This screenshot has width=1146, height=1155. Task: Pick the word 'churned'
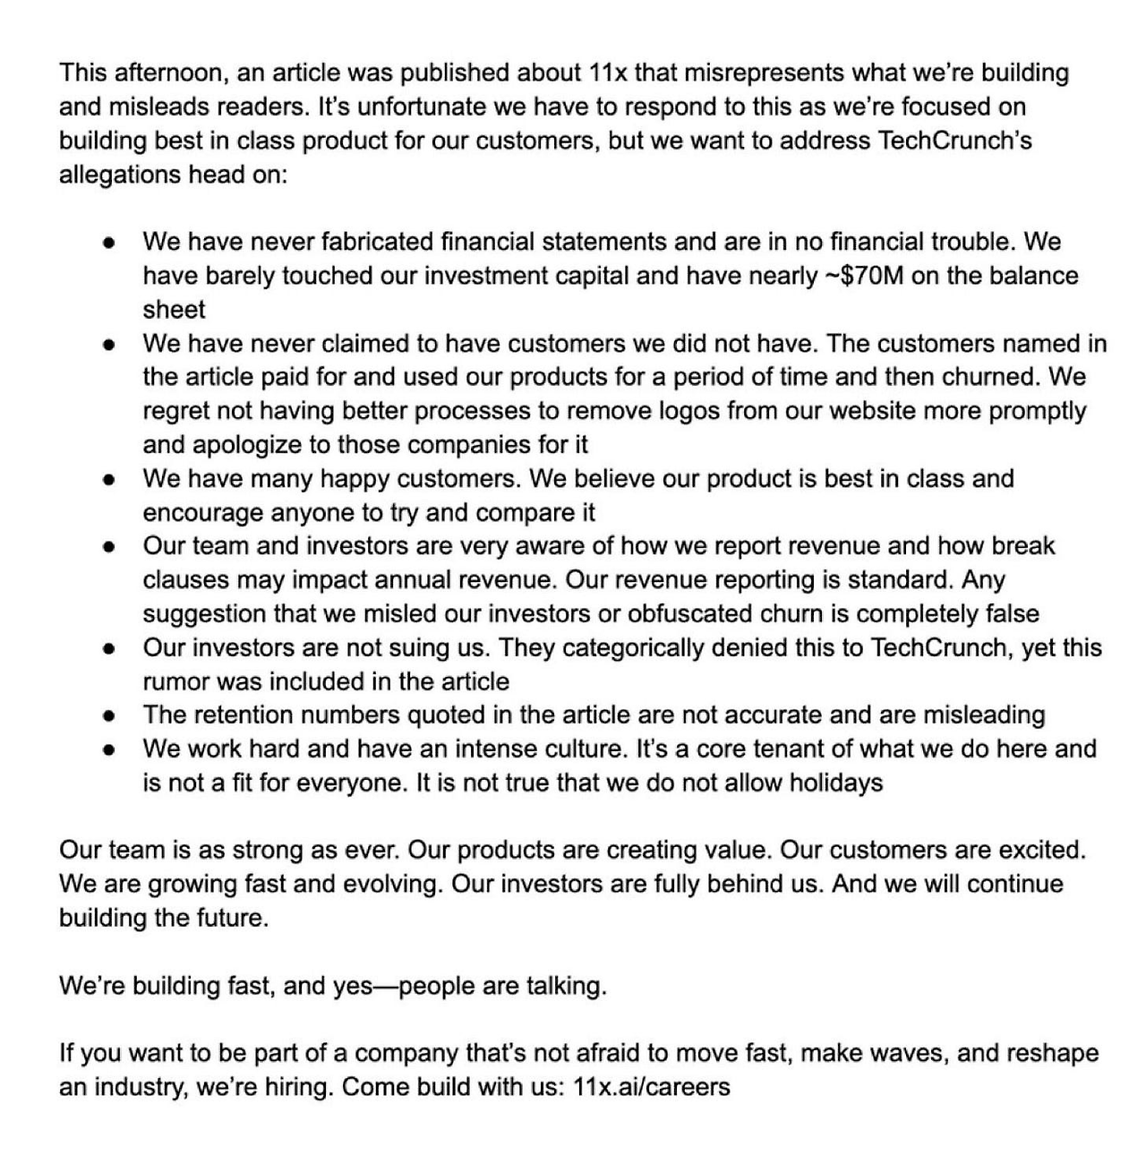point(989,377)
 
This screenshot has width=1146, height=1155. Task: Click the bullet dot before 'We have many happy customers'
point(108,480)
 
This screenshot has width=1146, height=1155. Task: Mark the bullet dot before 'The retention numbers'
point(108,716)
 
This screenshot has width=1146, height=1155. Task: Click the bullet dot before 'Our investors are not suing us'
point(108,648)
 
